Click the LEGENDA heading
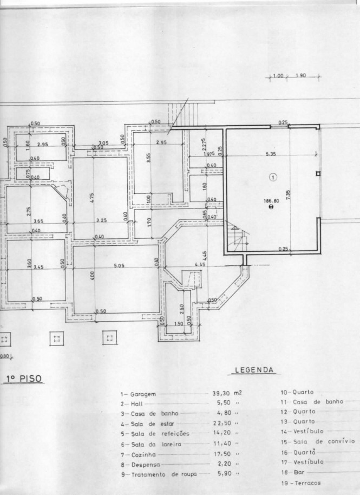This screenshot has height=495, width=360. pos(254,371)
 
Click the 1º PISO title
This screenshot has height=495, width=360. pos(24,379)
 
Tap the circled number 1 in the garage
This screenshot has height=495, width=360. pos(273,177)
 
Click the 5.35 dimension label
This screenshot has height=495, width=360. pos(271,154)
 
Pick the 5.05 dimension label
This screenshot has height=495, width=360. pos(119,266)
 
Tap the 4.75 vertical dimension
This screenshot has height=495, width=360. pos(93,198)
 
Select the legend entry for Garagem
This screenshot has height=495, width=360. pos(138,394)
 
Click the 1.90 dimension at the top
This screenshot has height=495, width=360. pos(301,76)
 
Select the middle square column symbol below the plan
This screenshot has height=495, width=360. pos(56,339)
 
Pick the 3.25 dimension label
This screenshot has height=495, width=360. pos(102,221)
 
